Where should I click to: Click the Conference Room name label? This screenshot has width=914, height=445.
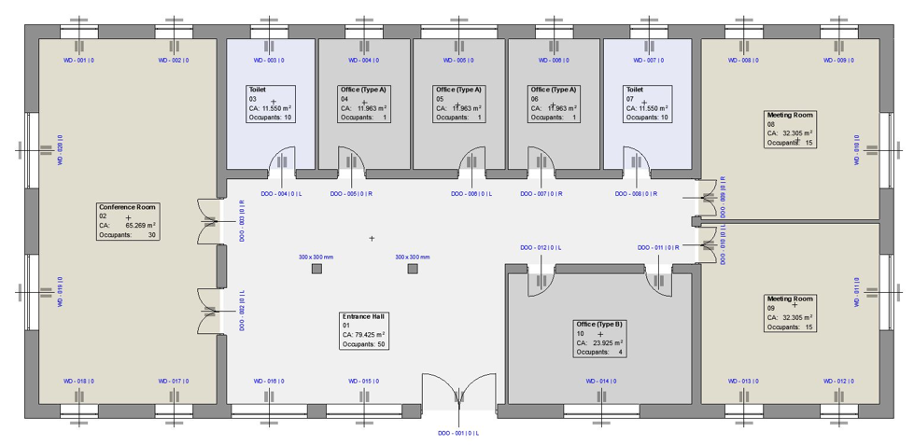pos(128,207)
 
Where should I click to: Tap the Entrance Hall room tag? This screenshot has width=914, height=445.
pos(364,330)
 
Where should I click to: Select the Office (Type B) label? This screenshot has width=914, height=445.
pos(599,338)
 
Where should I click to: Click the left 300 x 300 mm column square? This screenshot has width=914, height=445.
pos(316,269)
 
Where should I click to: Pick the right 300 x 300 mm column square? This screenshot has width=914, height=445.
pos(413,269)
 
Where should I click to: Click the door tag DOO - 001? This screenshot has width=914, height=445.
pos(458,433)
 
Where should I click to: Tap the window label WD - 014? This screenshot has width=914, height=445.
pos(602,381)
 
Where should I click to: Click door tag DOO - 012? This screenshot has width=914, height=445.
pos(541,247)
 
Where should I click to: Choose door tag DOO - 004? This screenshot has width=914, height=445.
pos(268,194)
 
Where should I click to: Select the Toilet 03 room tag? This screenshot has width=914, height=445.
pos(271,104)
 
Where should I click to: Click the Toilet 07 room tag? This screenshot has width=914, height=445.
pos(647,104)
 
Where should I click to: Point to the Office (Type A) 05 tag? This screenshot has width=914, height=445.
pos(458,104)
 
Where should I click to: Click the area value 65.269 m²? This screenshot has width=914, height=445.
pos(140,225)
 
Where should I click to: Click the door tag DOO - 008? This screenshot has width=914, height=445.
pos(636,194)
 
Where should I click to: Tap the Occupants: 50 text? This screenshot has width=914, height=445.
pos(364,344)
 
